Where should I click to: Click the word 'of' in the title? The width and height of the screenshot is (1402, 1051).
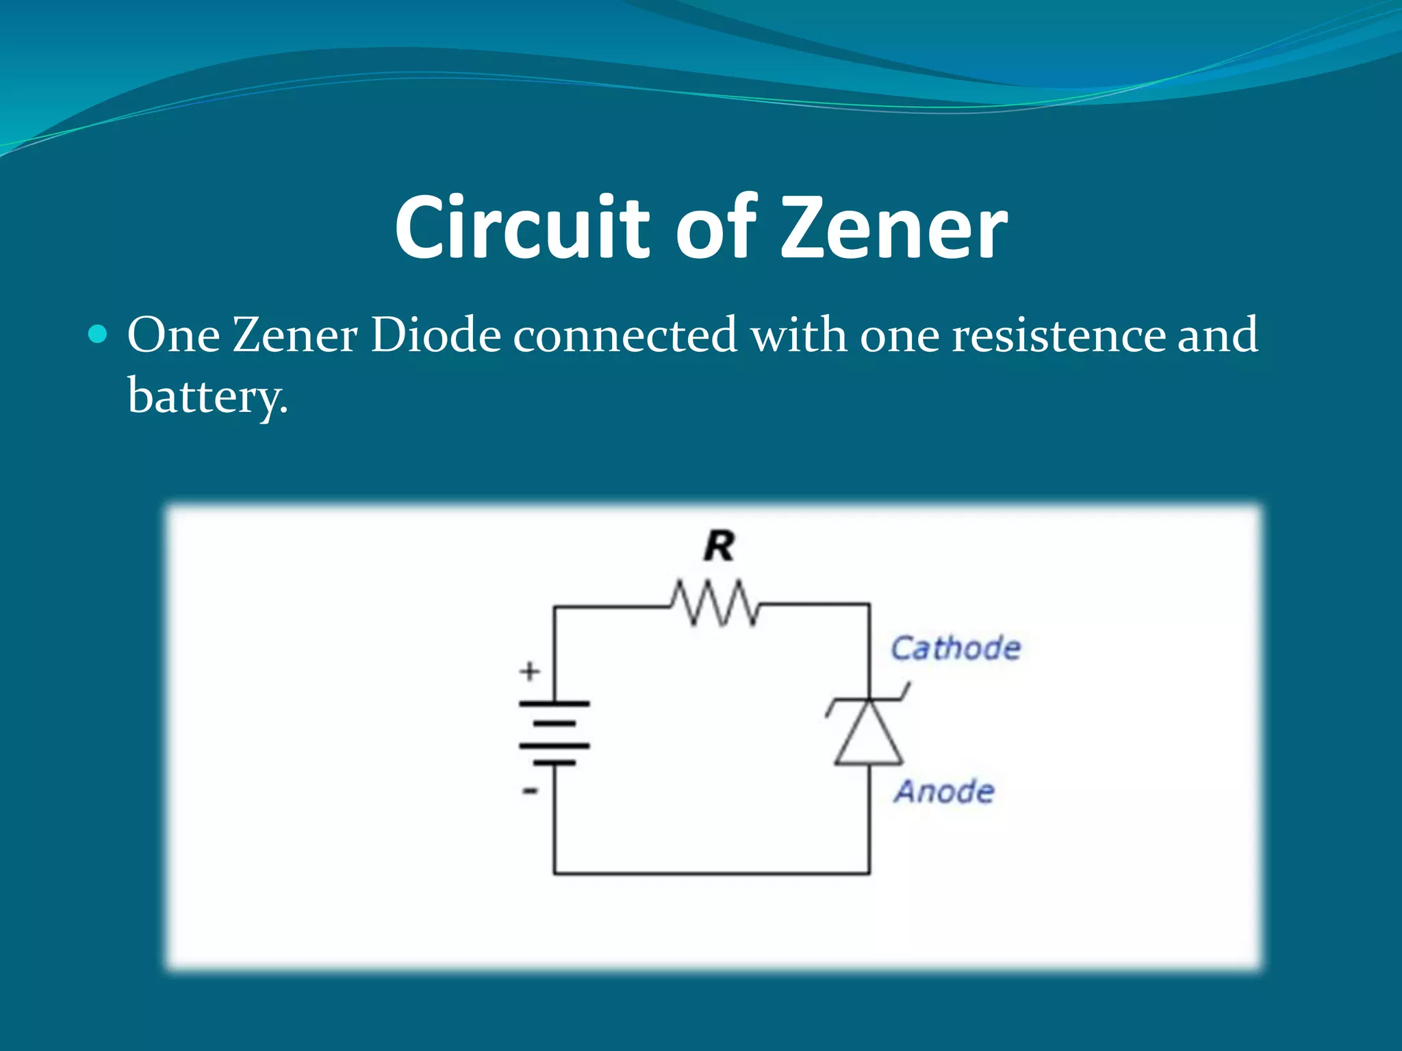tap(715, 227)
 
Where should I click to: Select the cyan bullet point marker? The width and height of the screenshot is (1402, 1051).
tap(99, 335)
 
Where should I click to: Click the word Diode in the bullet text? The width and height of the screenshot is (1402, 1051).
tap(435, 335)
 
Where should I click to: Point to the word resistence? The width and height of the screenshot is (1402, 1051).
tap(1058, 335)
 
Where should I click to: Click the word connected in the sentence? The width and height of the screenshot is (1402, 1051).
tap(625, 335)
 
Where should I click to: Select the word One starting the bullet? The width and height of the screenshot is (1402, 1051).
tap(173, 335)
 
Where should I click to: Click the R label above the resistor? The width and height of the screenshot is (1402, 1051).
tap(719, 547)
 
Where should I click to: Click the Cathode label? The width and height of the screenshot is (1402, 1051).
tap(955, 648)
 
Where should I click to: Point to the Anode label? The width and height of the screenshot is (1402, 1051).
tap(944, 792)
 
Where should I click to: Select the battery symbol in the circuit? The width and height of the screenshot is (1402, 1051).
tap(554, 733)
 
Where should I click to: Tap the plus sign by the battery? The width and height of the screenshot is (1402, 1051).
tap(529, 671)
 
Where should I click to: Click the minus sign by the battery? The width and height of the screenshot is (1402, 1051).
tap(530, 791)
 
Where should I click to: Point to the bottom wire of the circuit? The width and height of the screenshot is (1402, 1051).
tap(712, 873)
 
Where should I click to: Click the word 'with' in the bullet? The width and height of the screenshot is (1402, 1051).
tap(798, 335)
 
